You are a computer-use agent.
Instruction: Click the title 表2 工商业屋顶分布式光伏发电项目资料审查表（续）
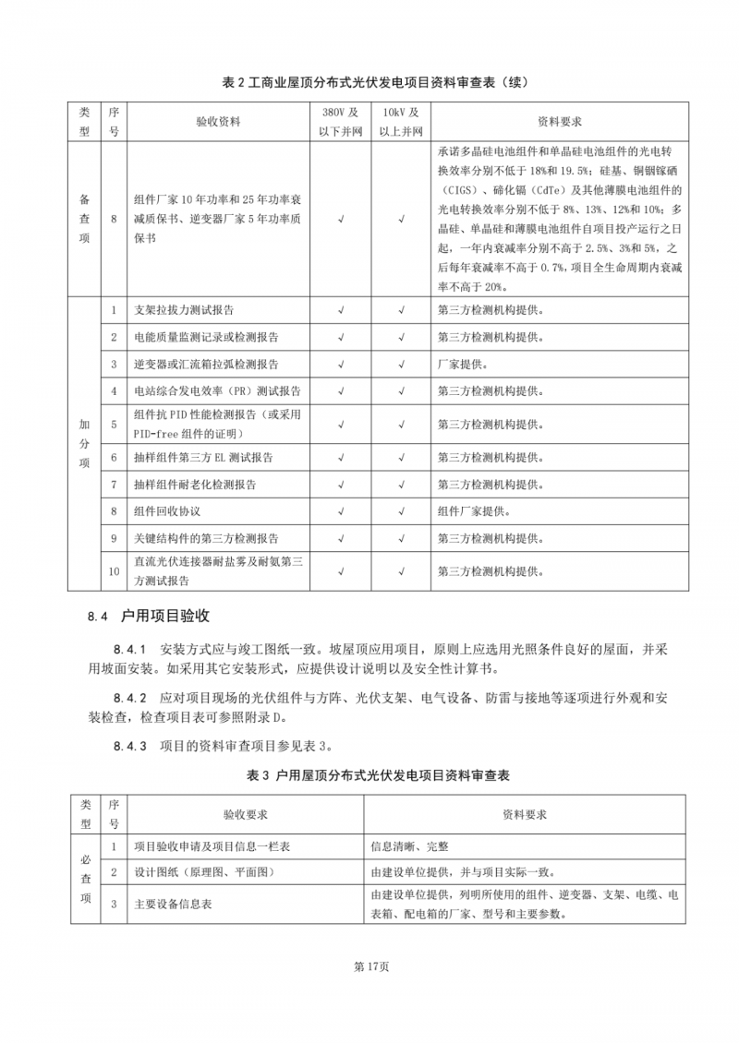(x=369, y=83)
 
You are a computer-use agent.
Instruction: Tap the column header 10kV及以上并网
(x=401, y=122)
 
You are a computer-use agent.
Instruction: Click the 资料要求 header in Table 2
(x=559, y=122)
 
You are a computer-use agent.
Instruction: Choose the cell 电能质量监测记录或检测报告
(x=206, y=337)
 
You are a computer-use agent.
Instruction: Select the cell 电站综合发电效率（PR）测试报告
(x=217, y=390)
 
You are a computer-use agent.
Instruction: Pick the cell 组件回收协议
(x=167, y=510)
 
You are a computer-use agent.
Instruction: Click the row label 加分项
(x=84, y=443)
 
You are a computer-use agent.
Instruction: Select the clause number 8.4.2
(x=130, y=695)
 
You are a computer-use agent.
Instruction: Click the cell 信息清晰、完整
(x=410, y=845)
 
